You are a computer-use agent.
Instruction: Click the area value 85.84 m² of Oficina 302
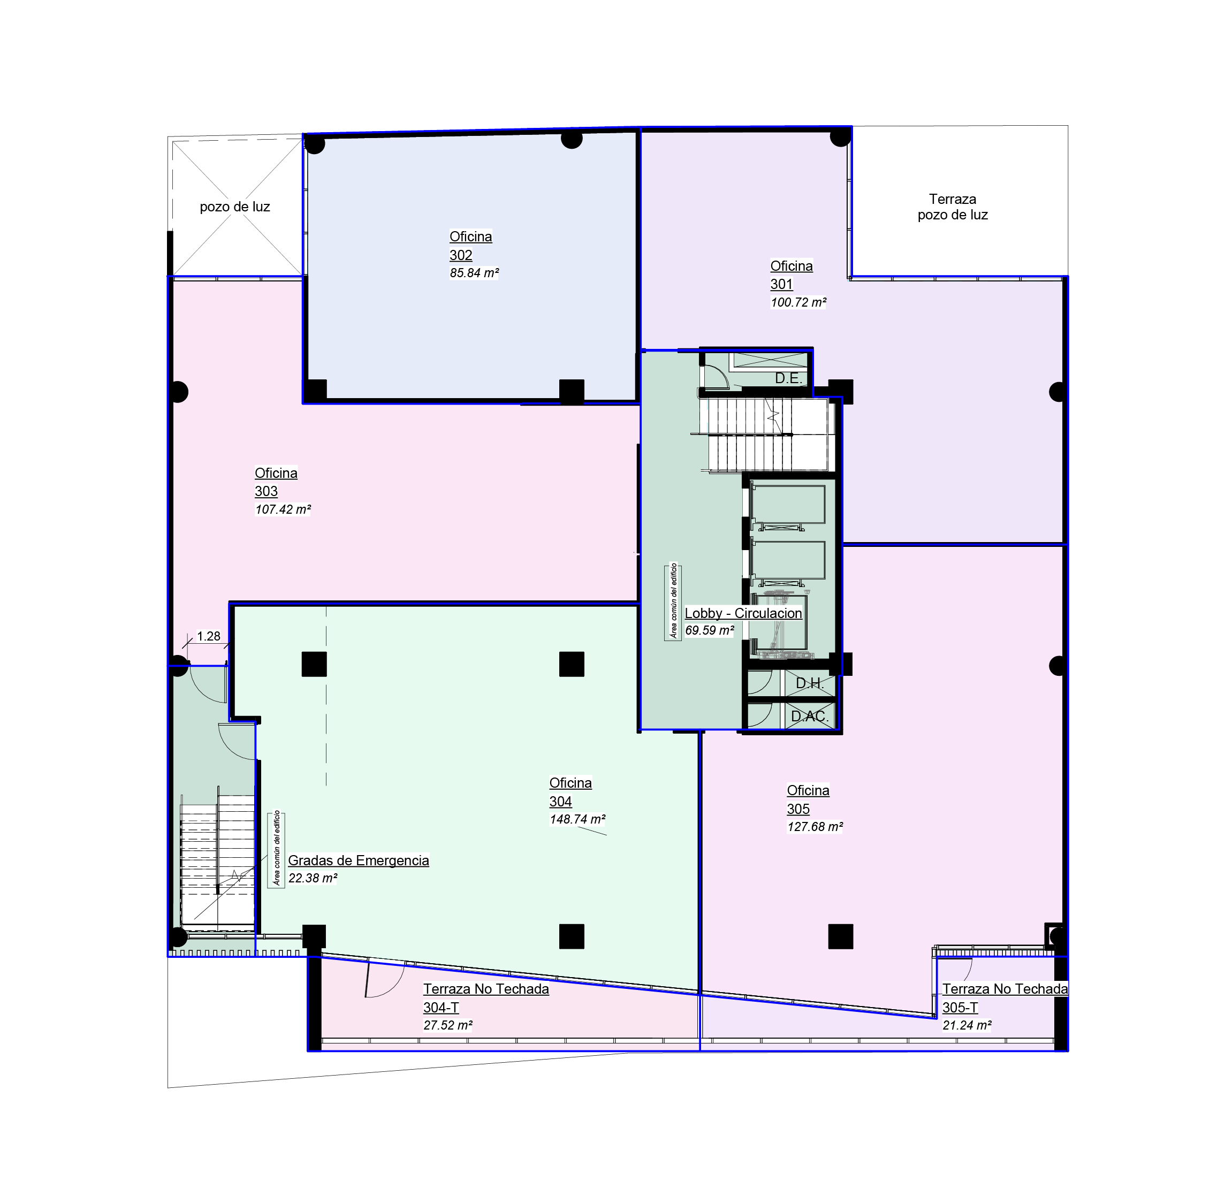[474, 273]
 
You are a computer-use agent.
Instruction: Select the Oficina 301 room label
[791, 275]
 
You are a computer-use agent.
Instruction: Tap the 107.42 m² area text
[283, 509]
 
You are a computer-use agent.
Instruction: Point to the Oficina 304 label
[570, 792]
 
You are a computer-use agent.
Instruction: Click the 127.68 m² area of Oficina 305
[815, 827]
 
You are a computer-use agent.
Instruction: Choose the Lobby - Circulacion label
[743, 613]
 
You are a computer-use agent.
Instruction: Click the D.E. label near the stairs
[789, 379]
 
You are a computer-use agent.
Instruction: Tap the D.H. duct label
[810, 683]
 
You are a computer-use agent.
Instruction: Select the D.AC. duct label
[810, 717]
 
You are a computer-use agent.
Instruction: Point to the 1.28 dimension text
[209, 636]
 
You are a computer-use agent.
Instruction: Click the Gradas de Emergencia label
[359, 860]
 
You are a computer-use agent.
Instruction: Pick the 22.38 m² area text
[313, 878]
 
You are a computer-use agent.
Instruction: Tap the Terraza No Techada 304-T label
[486, 999]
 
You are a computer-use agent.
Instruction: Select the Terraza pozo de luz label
[953, 207]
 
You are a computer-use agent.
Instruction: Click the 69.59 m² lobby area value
[710, 630]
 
